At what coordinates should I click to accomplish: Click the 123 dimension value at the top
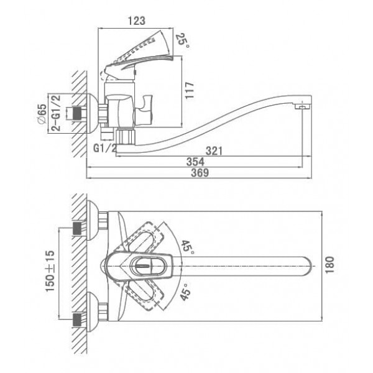click(x=137, y=21)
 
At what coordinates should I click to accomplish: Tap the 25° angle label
click(x=183, y=40)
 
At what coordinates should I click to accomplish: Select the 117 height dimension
click(x=190, y=90)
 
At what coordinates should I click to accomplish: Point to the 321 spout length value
click(x=214, y=151)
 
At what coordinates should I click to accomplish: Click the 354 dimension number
click(x=195, y=162)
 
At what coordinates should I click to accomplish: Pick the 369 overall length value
click(x=200, y=173)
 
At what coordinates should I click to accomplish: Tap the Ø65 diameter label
click(x=42, y=114)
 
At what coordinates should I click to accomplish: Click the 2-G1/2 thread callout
click(x=57, y=113)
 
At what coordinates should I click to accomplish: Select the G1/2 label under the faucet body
click(x=105, y=149)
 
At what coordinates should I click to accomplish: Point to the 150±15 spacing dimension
click(x=50, y=271)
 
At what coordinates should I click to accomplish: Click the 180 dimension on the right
click(x=329, y=265)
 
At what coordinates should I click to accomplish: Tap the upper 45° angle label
click(x=188, y=247)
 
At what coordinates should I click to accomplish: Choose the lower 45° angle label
click(x=185, y=292)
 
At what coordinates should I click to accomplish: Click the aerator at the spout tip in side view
click(x=303, y=106)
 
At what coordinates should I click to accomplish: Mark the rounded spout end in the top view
click(x=307, y=266)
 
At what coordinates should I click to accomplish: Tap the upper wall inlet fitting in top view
click(x=77, y=228)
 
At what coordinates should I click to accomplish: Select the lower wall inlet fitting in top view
click(x=77, y=320)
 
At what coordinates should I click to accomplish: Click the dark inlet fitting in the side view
click(x=77, y=113)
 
